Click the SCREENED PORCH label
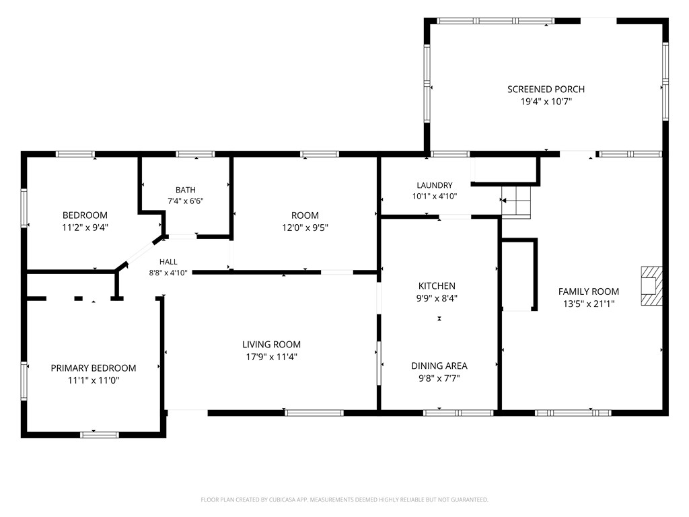[546, 90]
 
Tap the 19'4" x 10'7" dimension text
[546, 102]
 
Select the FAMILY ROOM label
[588, 291]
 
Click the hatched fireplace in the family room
[651, 285]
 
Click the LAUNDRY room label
[434, 185]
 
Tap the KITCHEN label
[437, 285]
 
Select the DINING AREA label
[439, 366]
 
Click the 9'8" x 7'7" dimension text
[439, 378]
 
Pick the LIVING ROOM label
[272, 345]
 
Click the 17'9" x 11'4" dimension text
[272, 357]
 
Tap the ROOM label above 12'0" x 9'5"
[305, 215]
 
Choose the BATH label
[186, 190]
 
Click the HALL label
[168, 262]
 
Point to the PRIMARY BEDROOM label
[93, 368]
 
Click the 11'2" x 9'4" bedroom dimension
[85, 228]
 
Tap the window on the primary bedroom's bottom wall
[100, 435]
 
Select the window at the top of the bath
[195, 154]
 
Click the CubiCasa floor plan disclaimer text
[344, 500]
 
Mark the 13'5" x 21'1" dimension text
[588, 304]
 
